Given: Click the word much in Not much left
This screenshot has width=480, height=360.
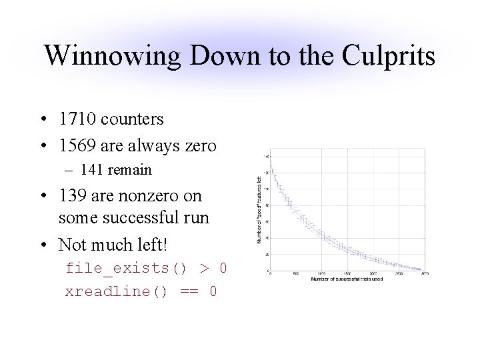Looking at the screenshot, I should (117, 245).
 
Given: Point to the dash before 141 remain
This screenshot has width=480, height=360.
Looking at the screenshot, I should (79, 171).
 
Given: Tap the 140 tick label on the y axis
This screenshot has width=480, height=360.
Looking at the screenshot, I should (266, 156).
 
